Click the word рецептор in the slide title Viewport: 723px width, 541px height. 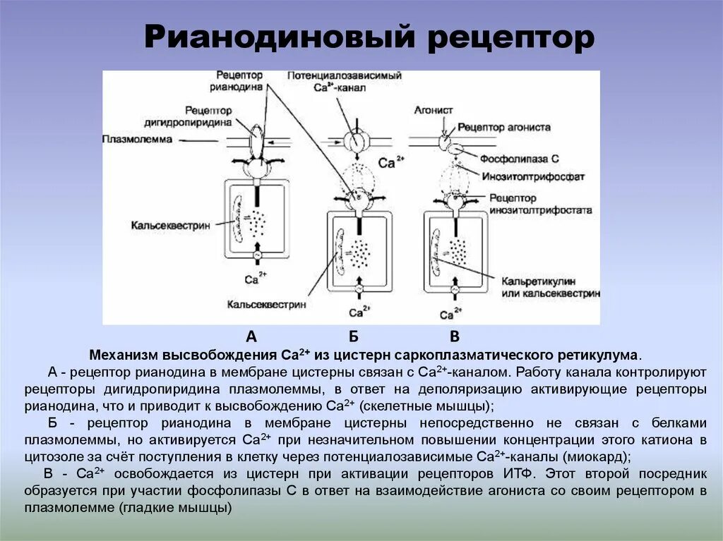tap(510, 38)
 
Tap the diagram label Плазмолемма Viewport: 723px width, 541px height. tap(137, 140)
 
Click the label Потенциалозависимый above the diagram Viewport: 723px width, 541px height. tap(345, 75)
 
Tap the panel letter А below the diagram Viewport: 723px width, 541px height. tap(251, 336)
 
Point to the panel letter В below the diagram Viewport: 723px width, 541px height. tap(455, 336)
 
